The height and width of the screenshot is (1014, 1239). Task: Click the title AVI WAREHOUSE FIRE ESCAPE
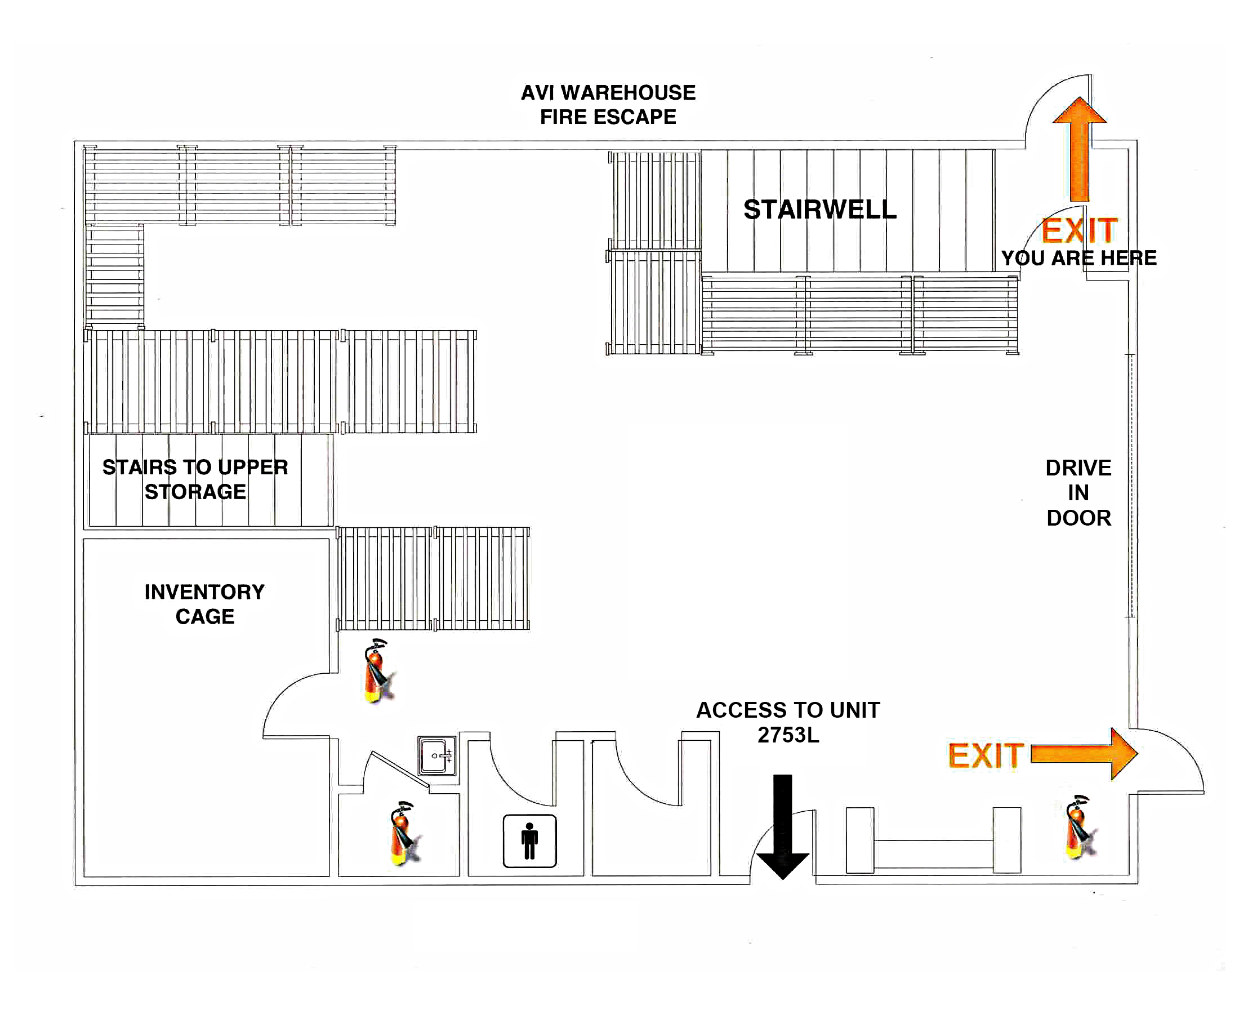(608, 105)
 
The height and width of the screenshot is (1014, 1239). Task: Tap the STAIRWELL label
(819, 210)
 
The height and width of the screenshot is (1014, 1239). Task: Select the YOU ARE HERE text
(1078, 258)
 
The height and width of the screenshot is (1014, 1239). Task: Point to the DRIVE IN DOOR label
(1078, 493)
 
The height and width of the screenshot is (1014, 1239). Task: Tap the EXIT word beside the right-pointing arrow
(986, 755)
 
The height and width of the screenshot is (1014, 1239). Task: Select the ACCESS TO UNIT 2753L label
(788, 723)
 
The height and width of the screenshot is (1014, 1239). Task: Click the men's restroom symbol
(529, 841)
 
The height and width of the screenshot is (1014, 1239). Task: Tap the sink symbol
(436, 756)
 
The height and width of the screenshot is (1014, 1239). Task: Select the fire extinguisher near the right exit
(1079, 827)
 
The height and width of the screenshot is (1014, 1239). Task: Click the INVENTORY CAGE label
(204, 604)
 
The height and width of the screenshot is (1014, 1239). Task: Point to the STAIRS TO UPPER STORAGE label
(195, 479)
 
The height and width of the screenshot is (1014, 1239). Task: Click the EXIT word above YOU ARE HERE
(1079, 231)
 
